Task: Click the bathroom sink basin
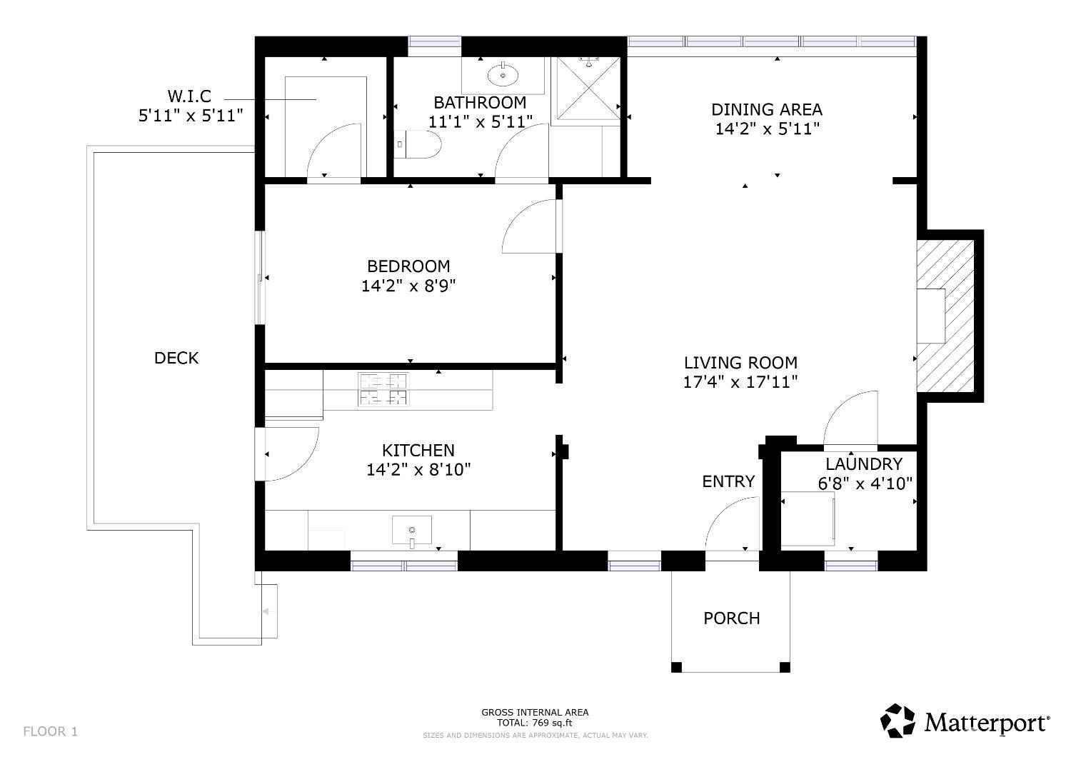pyautogui.click(x=503, y=74)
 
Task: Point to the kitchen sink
pyautogui.click(x=412, y=530)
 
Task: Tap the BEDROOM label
pyautogui.click(x=408, y=266)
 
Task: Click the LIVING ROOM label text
pyautogui.click(x=740, y=363)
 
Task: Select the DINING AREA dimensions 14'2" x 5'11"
pyautogui.click(x=767, y=129)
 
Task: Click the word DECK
pyautogui.click(x=176, y=359)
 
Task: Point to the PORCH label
pyautogui.click(x=732, y=618)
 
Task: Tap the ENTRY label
pyautogui.click(x=728, y=481)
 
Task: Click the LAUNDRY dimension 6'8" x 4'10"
pyautogui.click(x=865, y=484)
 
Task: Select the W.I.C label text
pyautogui.click(x=189, y=96)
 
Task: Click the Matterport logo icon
pyautogui.click(x=897, y=721)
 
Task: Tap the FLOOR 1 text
pyautogui.click(x=51, y=731)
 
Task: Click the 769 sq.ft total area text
pyautogui.click(x=535, y=723)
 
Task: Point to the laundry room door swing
pyautogui.click(x=850, y=418)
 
